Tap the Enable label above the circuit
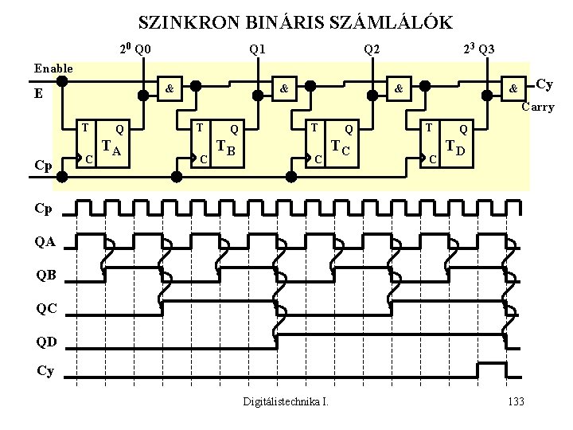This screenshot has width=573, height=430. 53,68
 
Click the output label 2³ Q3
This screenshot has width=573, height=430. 478,49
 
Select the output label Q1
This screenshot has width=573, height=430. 258,50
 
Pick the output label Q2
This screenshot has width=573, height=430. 372,50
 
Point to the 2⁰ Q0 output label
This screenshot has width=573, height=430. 134,49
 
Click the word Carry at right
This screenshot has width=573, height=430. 537,107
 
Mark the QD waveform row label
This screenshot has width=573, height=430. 45,343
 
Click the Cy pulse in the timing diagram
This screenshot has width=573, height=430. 491,369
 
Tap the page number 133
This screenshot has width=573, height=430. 515,401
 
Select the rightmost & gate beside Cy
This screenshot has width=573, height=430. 514,88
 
